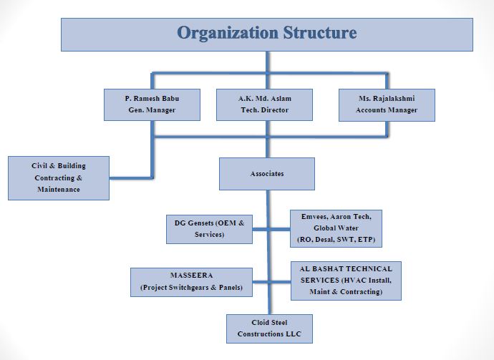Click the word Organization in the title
pos(227,33)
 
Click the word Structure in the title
pos(319,33)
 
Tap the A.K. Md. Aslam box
pos(264,104)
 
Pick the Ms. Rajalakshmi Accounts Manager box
pos(387,104)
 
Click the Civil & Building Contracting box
pos(59,177)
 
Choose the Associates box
pos(267,174)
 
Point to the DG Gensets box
pos(209,228)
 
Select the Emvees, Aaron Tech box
pos(336,228)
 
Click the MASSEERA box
pos(192,282)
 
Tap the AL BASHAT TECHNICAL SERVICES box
pos(346,281)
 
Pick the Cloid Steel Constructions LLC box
pos(269,329)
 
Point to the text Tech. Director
pos(264,110)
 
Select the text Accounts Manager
pos(387,110)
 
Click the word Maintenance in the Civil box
pos(59,190)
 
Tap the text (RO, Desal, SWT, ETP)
pos(336,239)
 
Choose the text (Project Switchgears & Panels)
pos(192,288)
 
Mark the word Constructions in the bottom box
pos(269,334)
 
